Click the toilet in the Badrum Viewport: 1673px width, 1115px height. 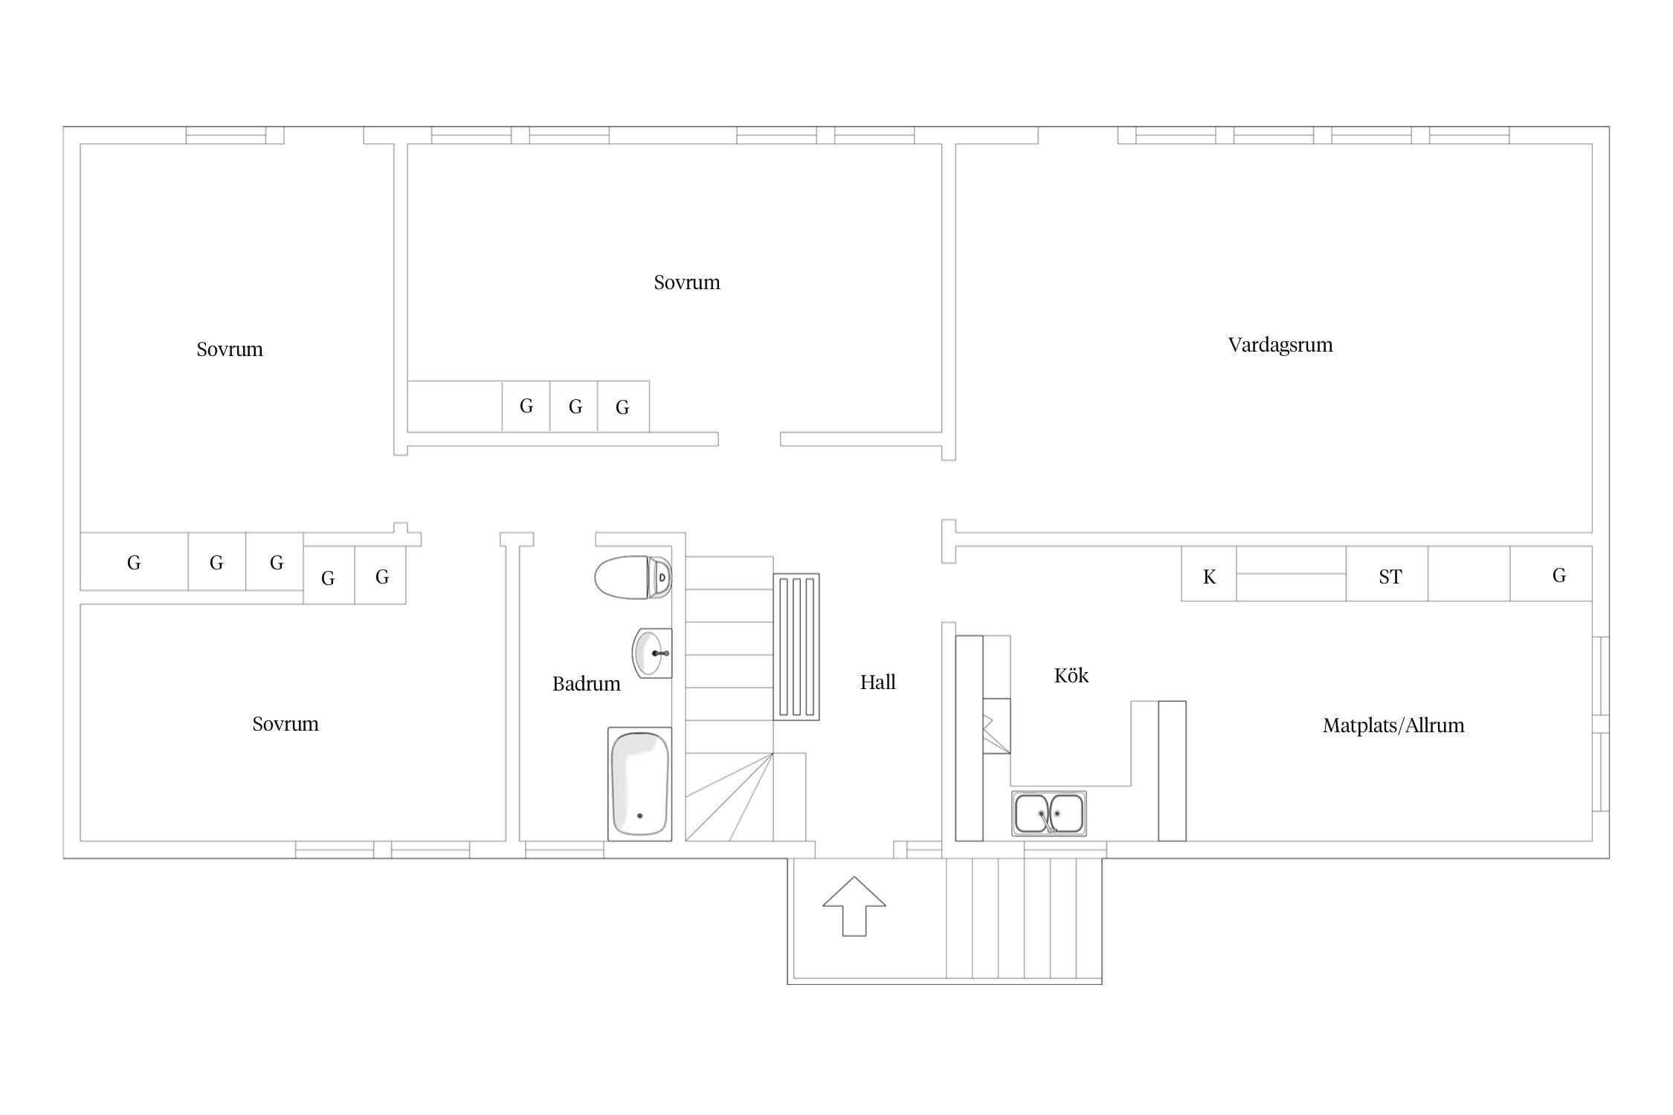pos(634,577)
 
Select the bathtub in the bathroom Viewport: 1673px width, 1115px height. pos(639,784)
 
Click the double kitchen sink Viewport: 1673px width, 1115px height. pos(1048,813)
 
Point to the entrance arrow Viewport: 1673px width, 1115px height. pos(854,906)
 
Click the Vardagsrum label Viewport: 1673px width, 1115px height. pos(1280,345)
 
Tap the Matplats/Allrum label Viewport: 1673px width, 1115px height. pos(1393,725)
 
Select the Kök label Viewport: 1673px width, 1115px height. pos(1071,676)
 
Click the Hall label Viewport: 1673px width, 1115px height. pos(878,682)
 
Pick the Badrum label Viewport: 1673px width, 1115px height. pos(587,684)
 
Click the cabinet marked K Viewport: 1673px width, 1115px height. pos(1209,574)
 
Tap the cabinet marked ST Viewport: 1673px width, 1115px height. pos(1387,574)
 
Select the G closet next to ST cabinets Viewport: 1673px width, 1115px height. pos(1551,574)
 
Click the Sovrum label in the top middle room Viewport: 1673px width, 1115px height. pos(687,282)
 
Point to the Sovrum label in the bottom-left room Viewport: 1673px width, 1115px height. pos(286,724)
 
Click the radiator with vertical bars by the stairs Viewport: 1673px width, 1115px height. pos(796,647)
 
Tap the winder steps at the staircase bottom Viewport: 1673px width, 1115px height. pos(729,797)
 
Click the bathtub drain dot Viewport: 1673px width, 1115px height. pos(639,816)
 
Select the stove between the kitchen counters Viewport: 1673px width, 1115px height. pos(996,726)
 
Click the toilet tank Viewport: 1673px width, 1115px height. pos(661,577)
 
